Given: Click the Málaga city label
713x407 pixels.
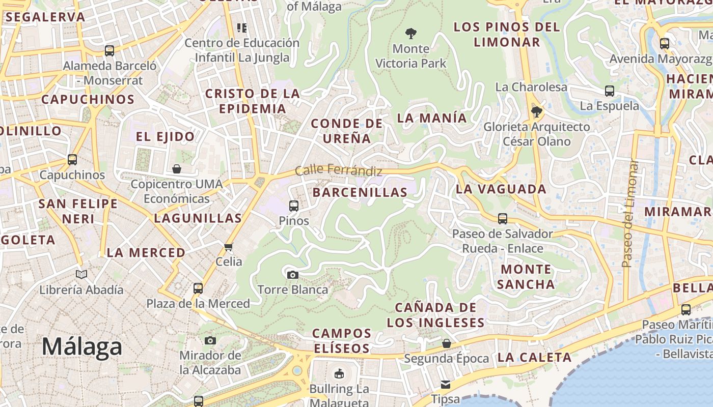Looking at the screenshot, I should [82, 347].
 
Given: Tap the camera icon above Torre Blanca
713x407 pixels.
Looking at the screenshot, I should [293, 275].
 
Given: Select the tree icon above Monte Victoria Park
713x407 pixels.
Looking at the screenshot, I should [411, 34].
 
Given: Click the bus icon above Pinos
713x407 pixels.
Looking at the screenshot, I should [294, 206].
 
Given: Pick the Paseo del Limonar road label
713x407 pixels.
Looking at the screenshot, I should [629, 214].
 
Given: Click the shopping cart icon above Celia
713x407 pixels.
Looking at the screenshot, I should [229, 247].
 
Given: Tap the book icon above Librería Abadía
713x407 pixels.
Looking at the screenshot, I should [81, 275].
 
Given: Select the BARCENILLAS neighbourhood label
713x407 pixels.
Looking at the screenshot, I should [360, 192].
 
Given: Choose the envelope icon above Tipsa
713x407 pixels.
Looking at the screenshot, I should [446, 385].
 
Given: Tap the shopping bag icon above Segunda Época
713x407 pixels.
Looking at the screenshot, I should [447, 343].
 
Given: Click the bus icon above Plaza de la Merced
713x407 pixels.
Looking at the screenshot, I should [198, 288].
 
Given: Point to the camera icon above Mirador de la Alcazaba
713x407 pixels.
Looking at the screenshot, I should [210, 340].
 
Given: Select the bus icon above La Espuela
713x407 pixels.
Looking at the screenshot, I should [610, 91].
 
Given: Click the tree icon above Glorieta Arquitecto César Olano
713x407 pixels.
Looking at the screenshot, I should [536, 111].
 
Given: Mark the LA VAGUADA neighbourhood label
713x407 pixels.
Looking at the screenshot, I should [501, 189].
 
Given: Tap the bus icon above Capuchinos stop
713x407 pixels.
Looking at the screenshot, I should [72, 160].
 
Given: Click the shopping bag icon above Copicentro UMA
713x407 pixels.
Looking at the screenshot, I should [177, 169].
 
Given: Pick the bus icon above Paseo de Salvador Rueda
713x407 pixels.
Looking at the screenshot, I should [503, 219].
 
